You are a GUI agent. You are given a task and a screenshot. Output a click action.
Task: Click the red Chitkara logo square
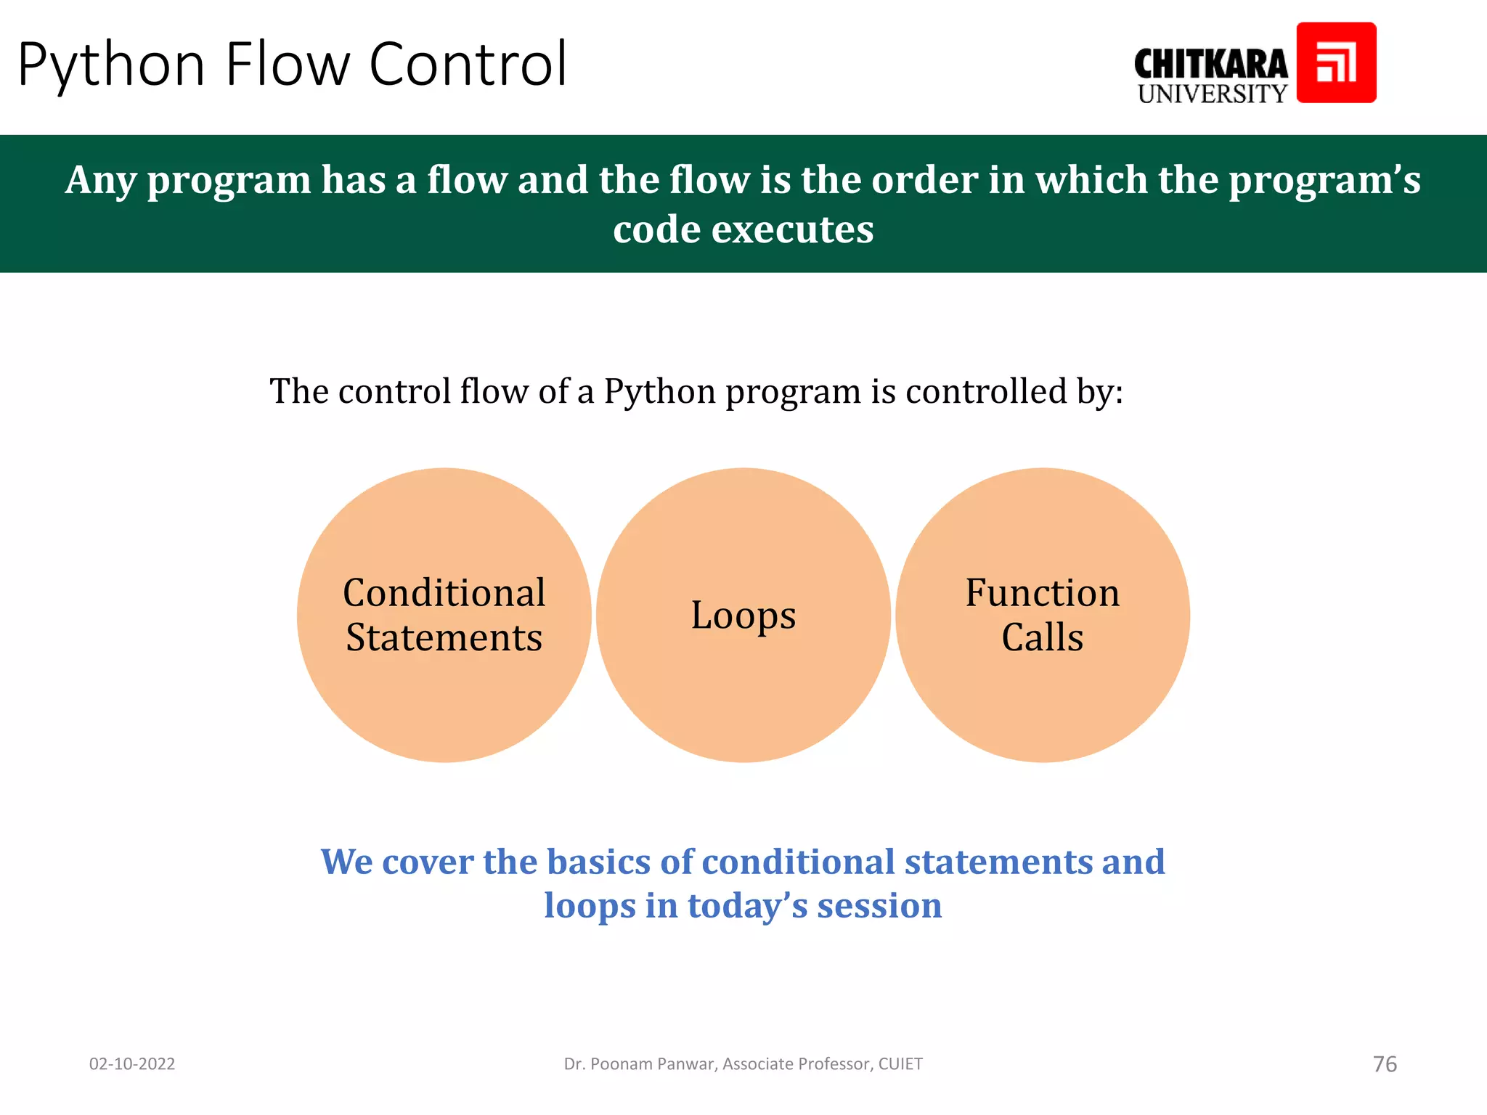1336,62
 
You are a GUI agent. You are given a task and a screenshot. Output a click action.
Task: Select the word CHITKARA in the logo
1210,64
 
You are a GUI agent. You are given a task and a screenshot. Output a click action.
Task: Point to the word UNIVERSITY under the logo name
1212,94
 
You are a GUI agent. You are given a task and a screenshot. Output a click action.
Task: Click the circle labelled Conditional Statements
444,690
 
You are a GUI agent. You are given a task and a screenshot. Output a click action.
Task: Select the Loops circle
743,690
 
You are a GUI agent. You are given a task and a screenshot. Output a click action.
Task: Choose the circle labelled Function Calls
1042,690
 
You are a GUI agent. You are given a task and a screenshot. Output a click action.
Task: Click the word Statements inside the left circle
444,638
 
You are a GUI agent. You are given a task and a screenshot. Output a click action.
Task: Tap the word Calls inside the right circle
1042,638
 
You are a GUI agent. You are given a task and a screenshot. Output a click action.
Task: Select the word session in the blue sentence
879,906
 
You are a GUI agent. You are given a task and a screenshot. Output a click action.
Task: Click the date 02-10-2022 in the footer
132,1064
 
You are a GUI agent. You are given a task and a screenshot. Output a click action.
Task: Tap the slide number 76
1385,1064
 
